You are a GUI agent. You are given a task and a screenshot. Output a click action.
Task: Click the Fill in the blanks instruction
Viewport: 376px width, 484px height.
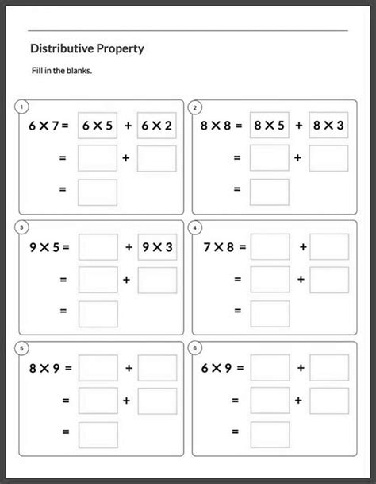tap(61, 71)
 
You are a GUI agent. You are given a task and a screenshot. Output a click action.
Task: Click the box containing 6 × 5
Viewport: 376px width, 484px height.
tap(98, 125)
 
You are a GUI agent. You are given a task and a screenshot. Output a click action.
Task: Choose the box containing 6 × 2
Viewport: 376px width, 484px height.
tap(156, 125)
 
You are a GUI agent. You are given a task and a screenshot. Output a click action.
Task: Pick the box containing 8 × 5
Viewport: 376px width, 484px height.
tap(270, 125)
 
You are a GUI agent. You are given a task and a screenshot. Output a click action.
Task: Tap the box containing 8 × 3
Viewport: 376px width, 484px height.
tap(328, 125)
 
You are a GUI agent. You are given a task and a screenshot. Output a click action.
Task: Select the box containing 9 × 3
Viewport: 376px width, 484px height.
tap(156, 247)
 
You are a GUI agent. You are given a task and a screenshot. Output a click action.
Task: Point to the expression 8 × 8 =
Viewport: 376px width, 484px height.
tap(222, 125)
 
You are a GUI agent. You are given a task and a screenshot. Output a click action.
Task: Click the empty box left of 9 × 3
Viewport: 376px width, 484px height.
tap(98, 247)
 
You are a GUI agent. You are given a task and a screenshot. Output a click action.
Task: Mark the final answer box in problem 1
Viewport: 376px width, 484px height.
tap(98, 192)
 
